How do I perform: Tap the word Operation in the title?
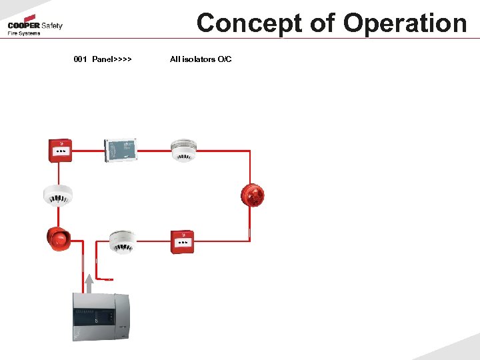(405, 23)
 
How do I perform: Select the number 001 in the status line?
(81, 59)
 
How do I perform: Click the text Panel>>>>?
(112, 59)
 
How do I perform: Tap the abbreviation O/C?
(225, 59)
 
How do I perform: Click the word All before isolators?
(175, 59)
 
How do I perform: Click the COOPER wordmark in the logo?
(23, 26)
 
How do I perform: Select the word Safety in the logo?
(51, 26)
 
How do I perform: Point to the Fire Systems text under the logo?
(24, 33)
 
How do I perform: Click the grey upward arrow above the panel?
(89, 283)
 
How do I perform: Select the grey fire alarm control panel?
(100, 318)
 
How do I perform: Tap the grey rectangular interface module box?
(121, 150)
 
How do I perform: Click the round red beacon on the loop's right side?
(253, 195)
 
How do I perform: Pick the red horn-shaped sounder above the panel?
(58, 238)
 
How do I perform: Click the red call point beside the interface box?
(61, 150)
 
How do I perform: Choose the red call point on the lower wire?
(181, 242)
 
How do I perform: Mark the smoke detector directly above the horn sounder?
(57, 195)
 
